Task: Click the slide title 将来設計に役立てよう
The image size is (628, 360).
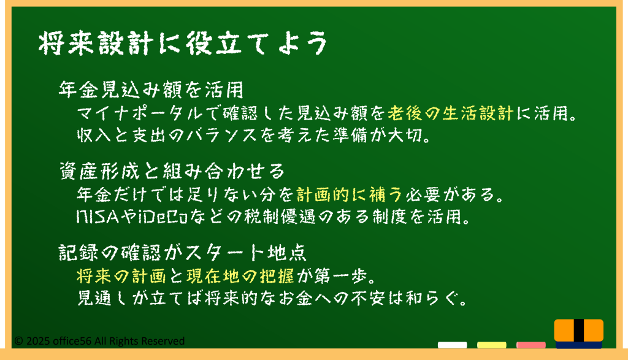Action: tap(183, 43)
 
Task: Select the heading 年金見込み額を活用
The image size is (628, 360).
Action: tap(151, 90)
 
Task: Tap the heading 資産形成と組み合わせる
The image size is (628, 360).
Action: tap(172, 171)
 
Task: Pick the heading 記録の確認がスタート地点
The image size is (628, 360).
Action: tap(183, 253)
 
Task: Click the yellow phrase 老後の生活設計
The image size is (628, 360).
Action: tap(451, 113)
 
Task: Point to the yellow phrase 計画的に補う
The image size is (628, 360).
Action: tap(349, 195)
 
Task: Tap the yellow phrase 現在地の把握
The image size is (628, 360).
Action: tap(240, 276)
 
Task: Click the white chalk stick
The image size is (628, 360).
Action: tap(452, 345)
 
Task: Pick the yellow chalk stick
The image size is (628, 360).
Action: tap(491, 345)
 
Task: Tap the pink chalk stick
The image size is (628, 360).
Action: tap(530, 345)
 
